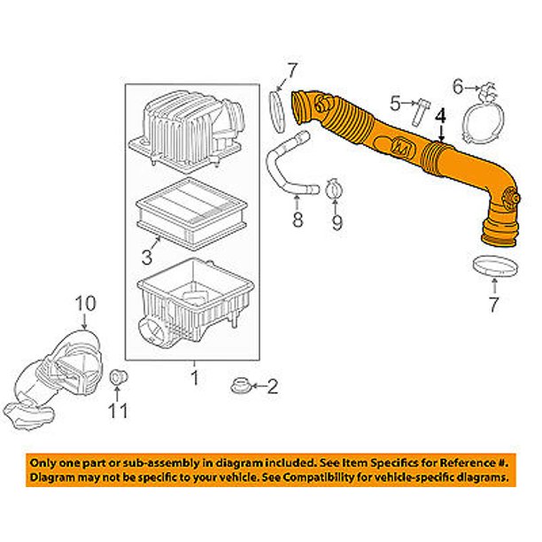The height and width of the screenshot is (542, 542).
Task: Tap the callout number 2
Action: tap(274, 386)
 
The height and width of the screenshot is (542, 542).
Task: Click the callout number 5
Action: tap(396, 105)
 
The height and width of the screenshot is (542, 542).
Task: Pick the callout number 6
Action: tap(458, 86)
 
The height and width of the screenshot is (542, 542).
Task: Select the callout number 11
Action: tap(119, 411)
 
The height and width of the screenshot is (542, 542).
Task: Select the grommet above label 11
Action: tap(117, 381)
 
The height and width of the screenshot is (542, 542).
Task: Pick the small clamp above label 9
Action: tap(335, 189)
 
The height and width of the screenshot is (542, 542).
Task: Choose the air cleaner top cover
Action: tap(182, 130)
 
